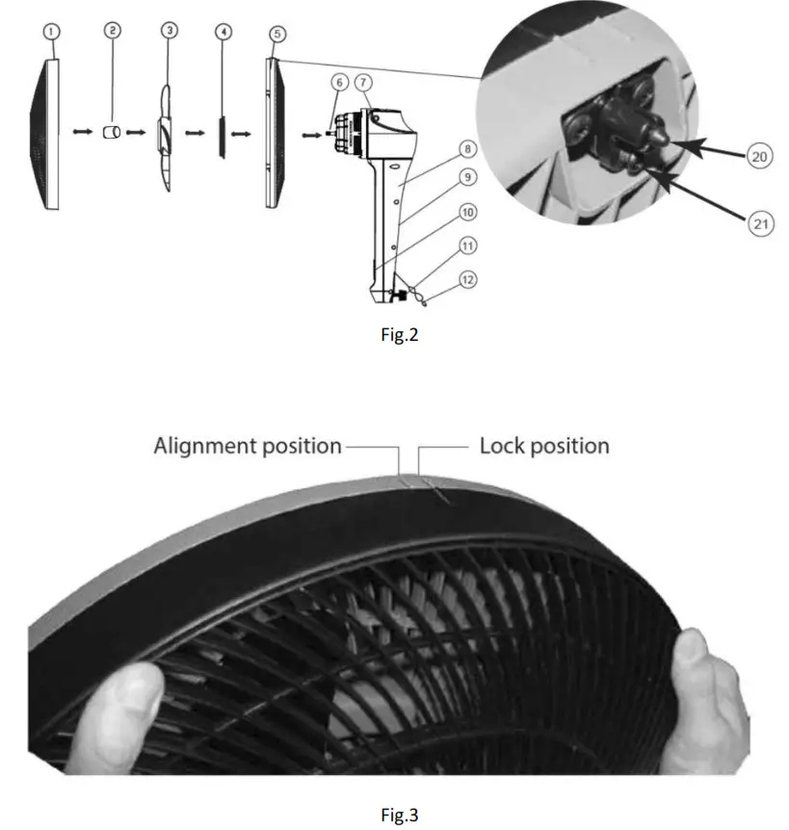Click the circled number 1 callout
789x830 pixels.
52,32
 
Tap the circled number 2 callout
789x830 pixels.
114,32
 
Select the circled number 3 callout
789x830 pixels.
169,31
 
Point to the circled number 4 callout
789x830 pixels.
224,32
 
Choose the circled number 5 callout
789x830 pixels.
277,33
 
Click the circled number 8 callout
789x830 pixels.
466,150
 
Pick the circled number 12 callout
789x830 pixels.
467,280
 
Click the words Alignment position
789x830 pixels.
248,447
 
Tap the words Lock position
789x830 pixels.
544,447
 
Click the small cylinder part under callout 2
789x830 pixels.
113,132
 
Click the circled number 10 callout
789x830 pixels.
466,211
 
